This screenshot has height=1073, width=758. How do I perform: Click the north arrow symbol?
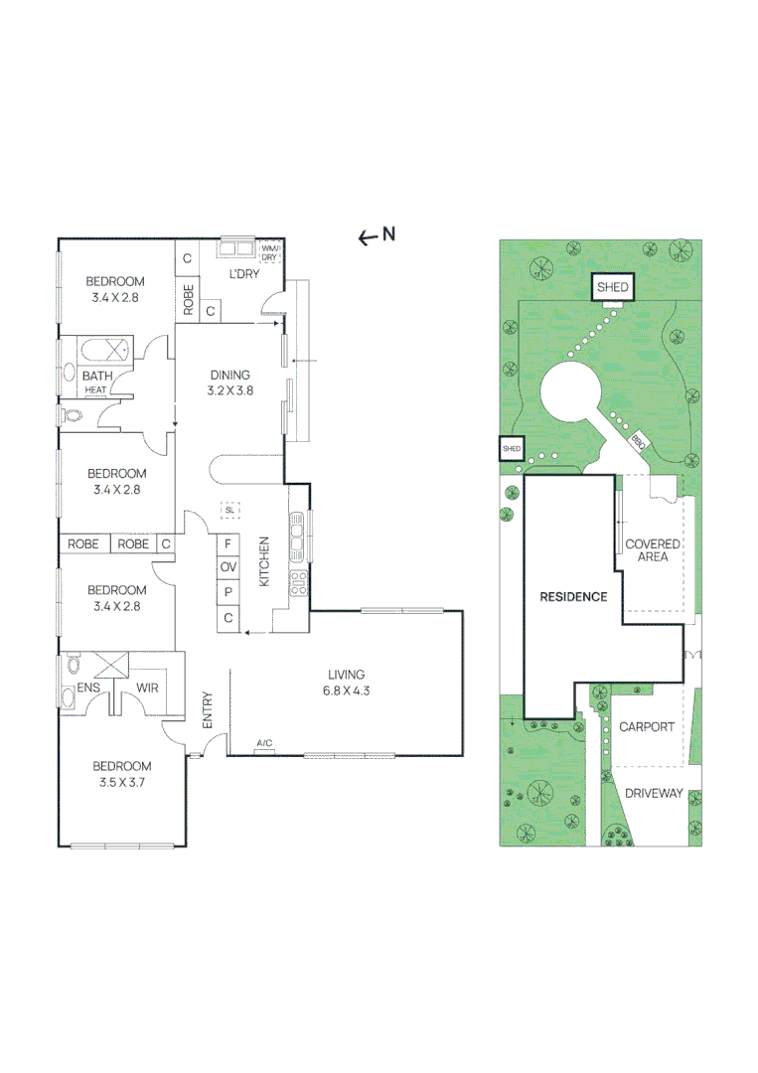[368, 236]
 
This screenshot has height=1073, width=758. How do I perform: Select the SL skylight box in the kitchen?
[229, 510]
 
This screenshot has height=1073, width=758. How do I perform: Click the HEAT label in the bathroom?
[95, 390]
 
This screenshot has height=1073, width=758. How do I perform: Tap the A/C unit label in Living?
[265, 743]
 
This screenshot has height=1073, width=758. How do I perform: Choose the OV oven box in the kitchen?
[228, 567]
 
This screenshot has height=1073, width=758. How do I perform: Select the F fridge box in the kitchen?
[228, 543]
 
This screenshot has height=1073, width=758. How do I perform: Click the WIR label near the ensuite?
[148, 688]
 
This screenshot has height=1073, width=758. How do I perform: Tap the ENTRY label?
[208, 711]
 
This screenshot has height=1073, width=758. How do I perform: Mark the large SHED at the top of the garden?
[612, 288]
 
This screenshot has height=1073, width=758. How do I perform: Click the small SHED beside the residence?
[511, 449]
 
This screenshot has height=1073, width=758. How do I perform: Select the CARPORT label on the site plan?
[647, 726]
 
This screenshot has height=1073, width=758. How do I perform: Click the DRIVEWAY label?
[654, 793]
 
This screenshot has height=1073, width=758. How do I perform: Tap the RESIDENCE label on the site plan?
[573, 597]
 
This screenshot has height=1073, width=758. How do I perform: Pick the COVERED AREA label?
[653, 550]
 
